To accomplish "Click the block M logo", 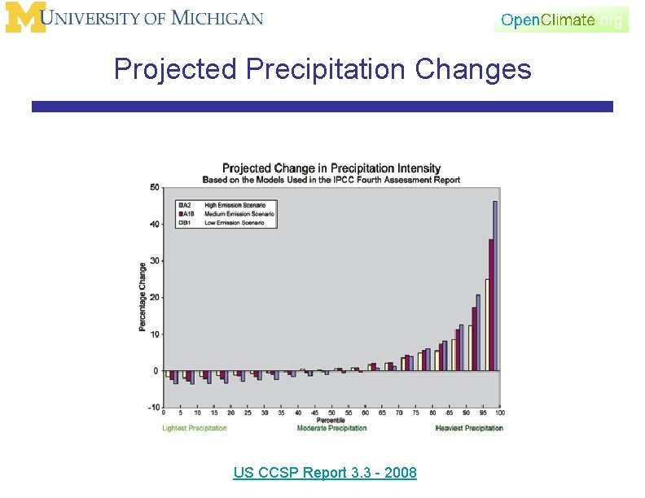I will (x=25, y=18).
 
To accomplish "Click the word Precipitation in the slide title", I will (x=327, y=70).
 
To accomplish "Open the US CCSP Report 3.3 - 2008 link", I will (x=324, y=473).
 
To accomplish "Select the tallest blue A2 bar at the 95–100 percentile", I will (x=495, y=285).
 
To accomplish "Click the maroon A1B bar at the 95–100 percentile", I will (x=490, y=304).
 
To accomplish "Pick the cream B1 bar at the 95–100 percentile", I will (x=486, y=325).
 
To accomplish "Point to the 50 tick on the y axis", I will (x=155, y=187).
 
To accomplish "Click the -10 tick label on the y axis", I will (x=154, y=407).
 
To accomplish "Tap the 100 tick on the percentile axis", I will (x=498, y=413).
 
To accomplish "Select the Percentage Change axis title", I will (x=143, y=297).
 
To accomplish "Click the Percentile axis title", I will (x=331, y=421).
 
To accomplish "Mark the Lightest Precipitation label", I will (x=195, y=428).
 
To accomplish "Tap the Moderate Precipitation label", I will (x=331, y=428).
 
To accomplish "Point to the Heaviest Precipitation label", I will (x=469, y=428).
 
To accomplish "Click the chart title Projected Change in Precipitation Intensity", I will (x=331, y=168).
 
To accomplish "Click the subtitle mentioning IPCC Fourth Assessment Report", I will (x=331, y=180).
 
